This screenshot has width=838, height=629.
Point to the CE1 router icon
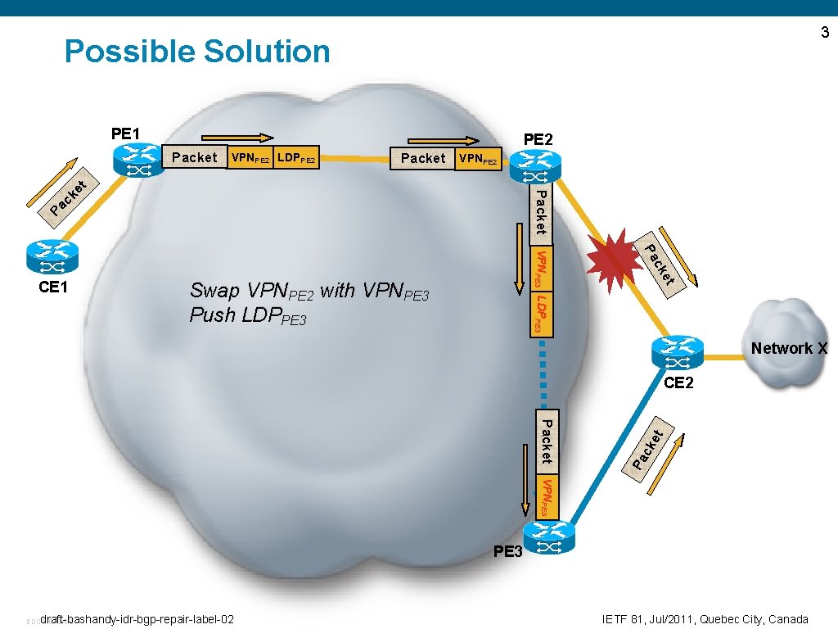click(x=52, y=256)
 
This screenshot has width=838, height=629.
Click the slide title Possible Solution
click(x=197, y=52)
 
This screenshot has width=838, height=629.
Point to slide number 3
click(x=824, y=33)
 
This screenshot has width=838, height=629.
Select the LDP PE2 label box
click(x=296, y=157)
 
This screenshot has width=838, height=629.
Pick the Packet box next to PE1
click(x=195, y=157)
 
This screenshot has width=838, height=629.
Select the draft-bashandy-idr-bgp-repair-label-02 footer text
click(x=137, y=619)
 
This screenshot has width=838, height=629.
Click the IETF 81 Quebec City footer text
click(x=705, y=619)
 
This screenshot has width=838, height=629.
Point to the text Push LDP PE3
click(x=248, y=315)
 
